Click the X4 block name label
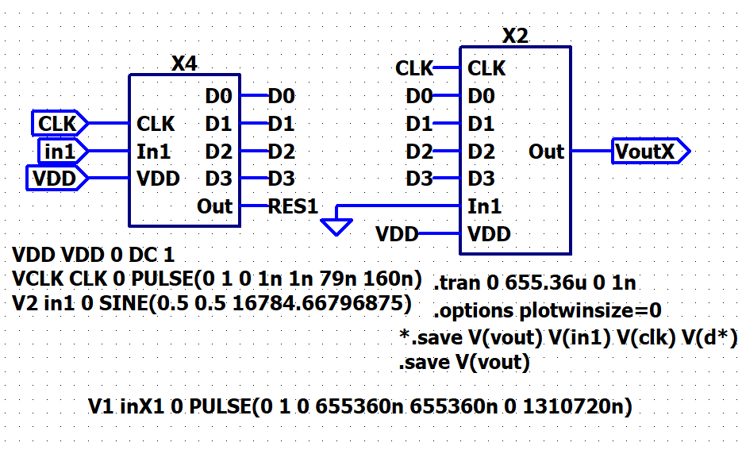tap(184, 63)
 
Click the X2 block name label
tap(515, 36)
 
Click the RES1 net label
tap(293, 207)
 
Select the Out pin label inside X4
tap(214, 207)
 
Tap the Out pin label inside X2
tap(546, 152)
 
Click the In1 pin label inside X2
tap(485, 207)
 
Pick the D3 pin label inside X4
tap(218, 179)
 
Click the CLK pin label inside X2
tap(486, 69)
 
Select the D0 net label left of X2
tap(419, 97)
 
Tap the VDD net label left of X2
tap(397, 234)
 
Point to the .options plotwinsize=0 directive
tap(548, 310)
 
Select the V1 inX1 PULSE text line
tap(360, 408)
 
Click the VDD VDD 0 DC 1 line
tap(93, 256)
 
